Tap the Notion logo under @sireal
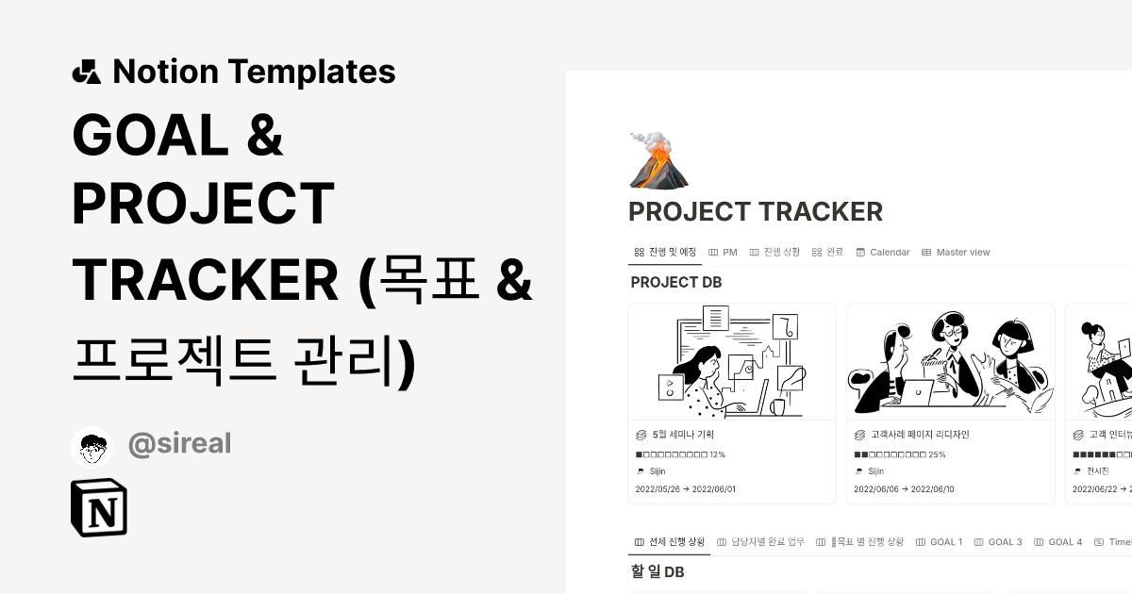click(x=99, y=508)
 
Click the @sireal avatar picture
click(x=92, y=446)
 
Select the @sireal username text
click(x=179, y=444)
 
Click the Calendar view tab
click(x=883, y=253)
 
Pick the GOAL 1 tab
click(x=939, y=542)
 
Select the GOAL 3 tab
click(x=998, y=542)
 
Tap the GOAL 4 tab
click(x=1058, y=542)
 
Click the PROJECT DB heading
click(x=676, y=282)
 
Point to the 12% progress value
click(x=717, y=454)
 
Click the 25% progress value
click(x=937, y=454)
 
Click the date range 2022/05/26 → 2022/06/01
click(x=686, y=489)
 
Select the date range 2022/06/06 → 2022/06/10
click(x=904, y=489)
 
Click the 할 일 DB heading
click(x=657, y=571)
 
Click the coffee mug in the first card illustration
click(x=777, y=407)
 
